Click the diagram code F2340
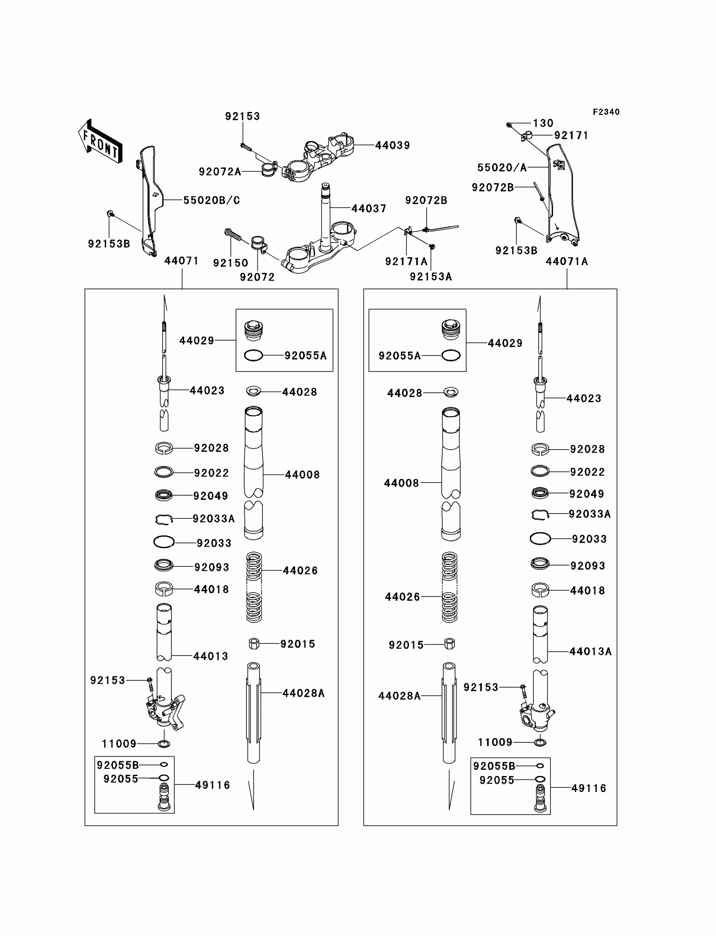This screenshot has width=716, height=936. [606, 112]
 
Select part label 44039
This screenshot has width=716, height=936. [393, 145]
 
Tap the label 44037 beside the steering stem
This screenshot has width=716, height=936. [369, 208]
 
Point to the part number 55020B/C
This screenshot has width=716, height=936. [211, 200]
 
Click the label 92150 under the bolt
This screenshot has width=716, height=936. [230, 263]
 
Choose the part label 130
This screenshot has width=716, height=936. [543, 123]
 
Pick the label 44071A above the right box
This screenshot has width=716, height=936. [567, 261]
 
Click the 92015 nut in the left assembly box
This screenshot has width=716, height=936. [254, 643]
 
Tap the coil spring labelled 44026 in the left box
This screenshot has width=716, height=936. [254, 587]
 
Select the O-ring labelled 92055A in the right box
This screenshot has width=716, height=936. [451, 355]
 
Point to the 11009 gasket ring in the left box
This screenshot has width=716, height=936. [164, 744]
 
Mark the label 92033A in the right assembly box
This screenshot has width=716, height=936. [589, 514]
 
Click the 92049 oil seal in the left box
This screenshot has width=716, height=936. [164, 495]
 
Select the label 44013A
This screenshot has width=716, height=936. [590, 651]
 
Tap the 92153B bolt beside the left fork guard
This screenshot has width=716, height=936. [110, 213]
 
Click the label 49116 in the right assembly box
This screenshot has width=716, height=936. [588, 788]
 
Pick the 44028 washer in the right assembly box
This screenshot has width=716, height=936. [451, 392]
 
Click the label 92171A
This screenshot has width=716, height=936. [406, 261]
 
